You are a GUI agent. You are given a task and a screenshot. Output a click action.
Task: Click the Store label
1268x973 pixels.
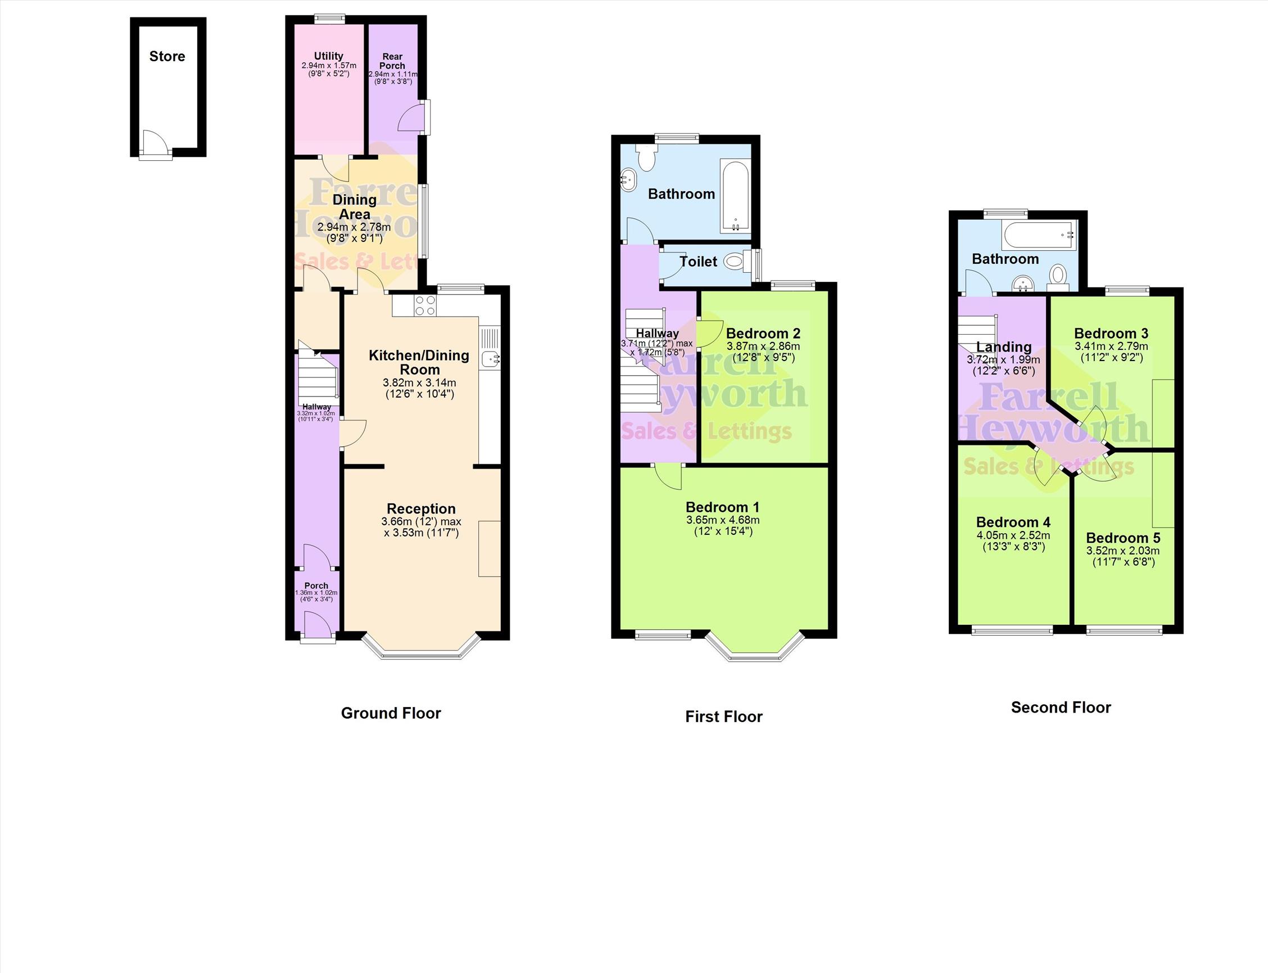click(167, 56)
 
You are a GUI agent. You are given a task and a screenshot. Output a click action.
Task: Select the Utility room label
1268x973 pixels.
click(329, 56)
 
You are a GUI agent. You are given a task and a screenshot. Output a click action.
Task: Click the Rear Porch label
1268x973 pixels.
click(392, 61)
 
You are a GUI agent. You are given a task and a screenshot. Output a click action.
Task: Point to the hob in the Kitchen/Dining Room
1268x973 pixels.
click(425, 306)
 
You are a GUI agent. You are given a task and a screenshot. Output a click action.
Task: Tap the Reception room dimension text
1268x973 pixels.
click(422, 527)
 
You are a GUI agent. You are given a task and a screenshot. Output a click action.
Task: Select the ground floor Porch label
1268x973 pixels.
click(316, 585)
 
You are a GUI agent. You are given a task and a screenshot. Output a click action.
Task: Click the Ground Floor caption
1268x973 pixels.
click(391, 713)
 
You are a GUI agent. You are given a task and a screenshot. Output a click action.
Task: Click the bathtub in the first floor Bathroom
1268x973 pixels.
click(736, 195)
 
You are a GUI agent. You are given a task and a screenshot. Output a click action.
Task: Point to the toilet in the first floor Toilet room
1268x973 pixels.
click(733, 262)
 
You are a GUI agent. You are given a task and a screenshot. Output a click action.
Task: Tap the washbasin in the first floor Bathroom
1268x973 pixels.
click(628, 179)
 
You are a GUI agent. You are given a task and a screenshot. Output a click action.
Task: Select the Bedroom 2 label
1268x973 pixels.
click(763, 333)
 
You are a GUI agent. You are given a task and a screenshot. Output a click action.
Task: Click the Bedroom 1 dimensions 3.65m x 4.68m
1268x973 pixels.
click(723, 520)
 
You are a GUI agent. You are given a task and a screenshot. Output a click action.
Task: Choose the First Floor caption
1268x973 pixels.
click(724, 717)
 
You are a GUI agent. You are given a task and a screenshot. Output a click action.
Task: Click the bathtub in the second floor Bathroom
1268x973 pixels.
click(1040, 235)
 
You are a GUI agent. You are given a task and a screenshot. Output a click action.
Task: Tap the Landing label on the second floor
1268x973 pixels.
click(1004, 346)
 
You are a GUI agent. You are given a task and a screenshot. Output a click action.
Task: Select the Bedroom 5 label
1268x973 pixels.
click(1124, 538)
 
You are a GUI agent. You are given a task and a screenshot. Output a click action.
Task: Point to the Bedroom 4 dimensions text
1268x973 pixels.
click(1013, 541)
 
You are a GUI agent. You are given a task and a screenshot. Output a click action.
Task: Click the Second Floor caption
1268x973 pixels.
click(1061, 707)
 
